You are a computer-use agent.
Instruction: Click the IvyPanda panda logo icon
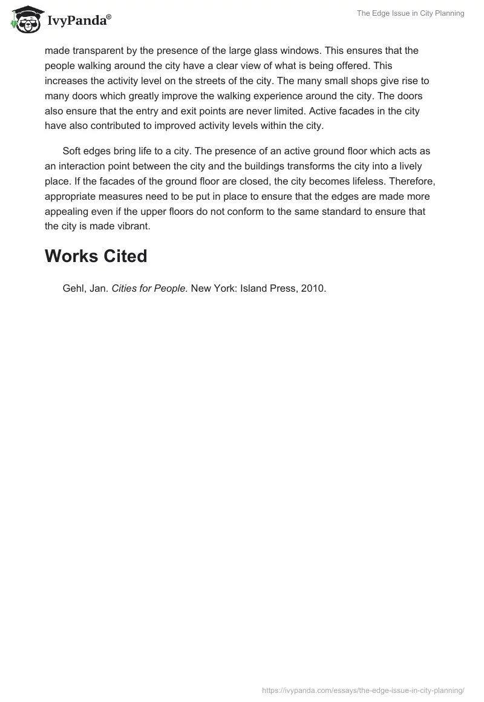point(24,19)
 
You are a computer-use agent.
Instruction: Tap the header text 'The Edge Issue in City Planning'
point(411,13)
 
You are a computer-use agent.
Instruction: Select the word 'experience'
point(281,96)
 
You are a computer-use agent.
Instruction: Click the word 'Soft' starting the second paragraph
point(73,151)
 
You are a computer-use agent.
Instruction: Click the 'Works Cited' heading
point(96,256)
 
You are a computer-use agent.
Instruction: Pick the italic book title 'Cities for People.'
point(150,289)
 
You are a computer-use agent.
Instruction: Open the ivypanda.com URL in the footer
point(363,689)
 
